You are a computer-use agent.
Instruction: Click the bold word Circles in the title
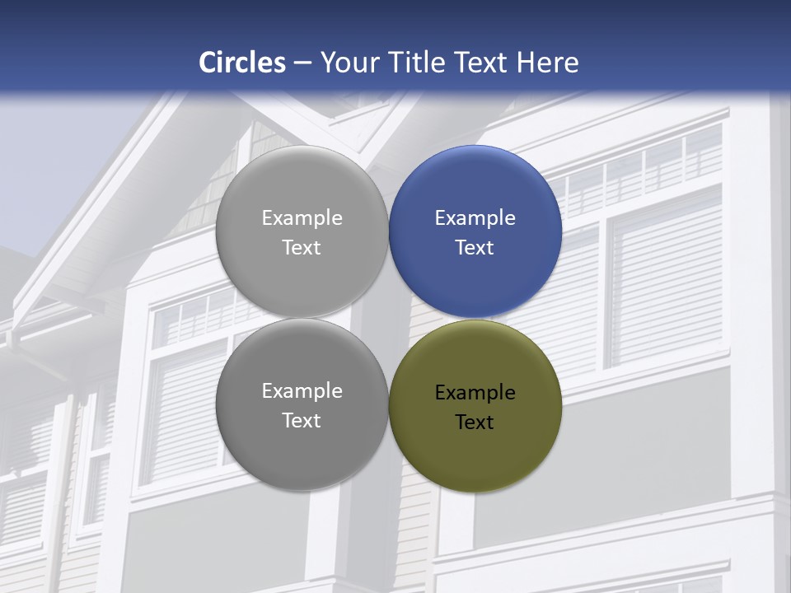(241, 63)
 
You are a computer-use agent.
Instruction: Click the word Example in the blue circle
(475, 218)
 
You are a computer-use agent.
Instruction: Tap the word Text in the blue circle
(475, 248)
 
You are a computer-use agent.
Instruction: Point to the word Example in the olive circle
(475, 393)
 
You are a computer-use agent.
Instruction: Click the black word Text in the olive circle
(475, 423)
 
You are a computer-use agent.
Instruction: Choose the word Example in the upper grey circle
(302, 218)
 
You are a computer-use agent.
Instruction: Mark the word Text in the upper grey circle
(302, 248)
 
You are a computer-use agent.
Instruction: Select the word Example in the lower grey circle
(302, 391)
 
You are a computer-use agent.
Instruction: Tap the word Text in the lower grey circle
(302, 421)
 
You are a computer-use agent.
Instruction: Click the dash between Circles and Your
(302, 63)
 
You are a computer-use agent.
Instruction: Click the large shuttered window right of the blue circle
(666, 280)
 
